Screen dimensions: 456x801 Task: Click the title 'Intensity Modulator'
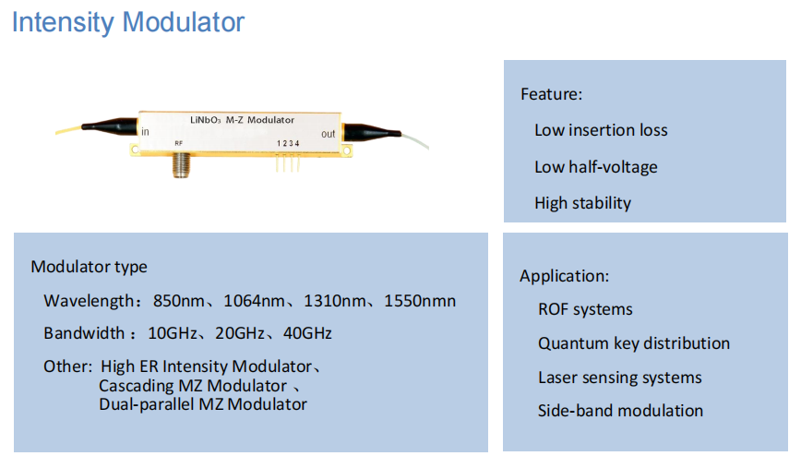coord(128,21)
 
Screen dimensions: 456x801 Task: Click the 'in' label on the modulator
coord(146,132)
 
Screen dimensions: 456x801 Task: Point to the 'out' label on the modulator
coord(328,134)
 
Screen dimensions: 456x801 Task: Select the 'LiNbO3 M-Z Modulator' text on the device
coord(241,120)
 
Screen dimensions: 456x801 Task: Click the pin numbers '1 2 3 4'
coord(288,144)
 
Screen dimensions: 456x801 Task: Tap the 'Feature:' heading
coord(551,93)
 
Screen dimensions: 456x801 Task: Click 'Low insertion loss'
coord(601,130)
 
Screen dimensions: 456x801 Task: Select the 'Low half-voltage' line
coord(595,167)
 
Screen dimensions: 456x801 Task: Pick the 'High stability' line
coord(582,203)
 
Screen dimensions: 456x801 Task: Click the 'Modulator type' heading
coord(89,267)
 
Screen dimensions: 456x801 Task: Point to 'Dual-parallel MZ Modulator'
coord(203,403)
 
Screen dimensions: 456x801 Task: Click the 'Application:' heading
coord(564,276)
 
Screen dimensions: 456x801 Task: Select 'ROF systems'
coord(585,309)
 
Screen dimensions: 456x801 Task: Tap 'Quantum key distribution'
coord(633,343)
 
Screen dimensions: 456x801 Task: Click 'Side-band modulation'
coord(620,411)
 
